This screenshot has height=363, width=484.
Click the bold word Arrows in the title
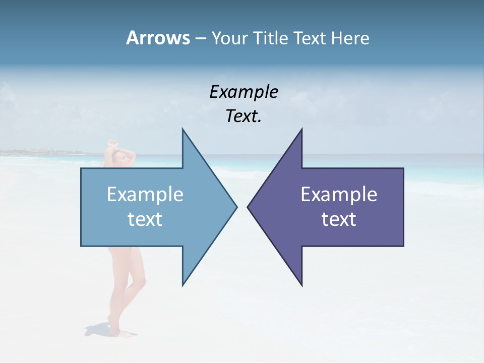pyautogui.click(x=158, y=38)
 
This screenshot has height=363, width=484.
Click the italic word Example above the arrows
pyautogui.click(x=244, y=92)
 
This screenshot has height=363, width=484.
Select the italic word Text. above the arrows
pyautogui.click(x=244, y=116)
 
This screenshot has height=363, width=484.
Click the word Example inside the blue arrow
pyautogui.click(x=145, y=195)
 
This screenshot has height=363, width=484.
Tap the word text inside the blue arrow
pyautogui.click(x=145, y=219)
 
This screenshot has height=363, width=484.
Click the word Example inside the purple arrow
pyautogui.click(x=339, y=195)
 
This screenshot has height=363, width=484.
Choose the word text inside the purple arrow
pyautogui.click(x=339, y=219)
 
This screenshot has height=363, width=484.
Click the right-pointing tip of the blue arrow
pyautogui.click(x=236, y=207)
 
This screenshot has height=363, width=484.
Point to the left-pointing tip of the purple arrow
pyautogui.click(x=248, y=207)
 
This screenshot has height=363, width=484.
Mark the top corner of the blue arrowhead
pyautogui.click(x=183, y=130)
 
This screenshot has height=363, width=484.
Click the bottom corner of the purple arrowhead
pyautogui.click(x=301, y=285)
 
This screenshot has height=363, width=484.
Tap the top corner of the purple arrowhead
pyautogui.click(x=301, y=130)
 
